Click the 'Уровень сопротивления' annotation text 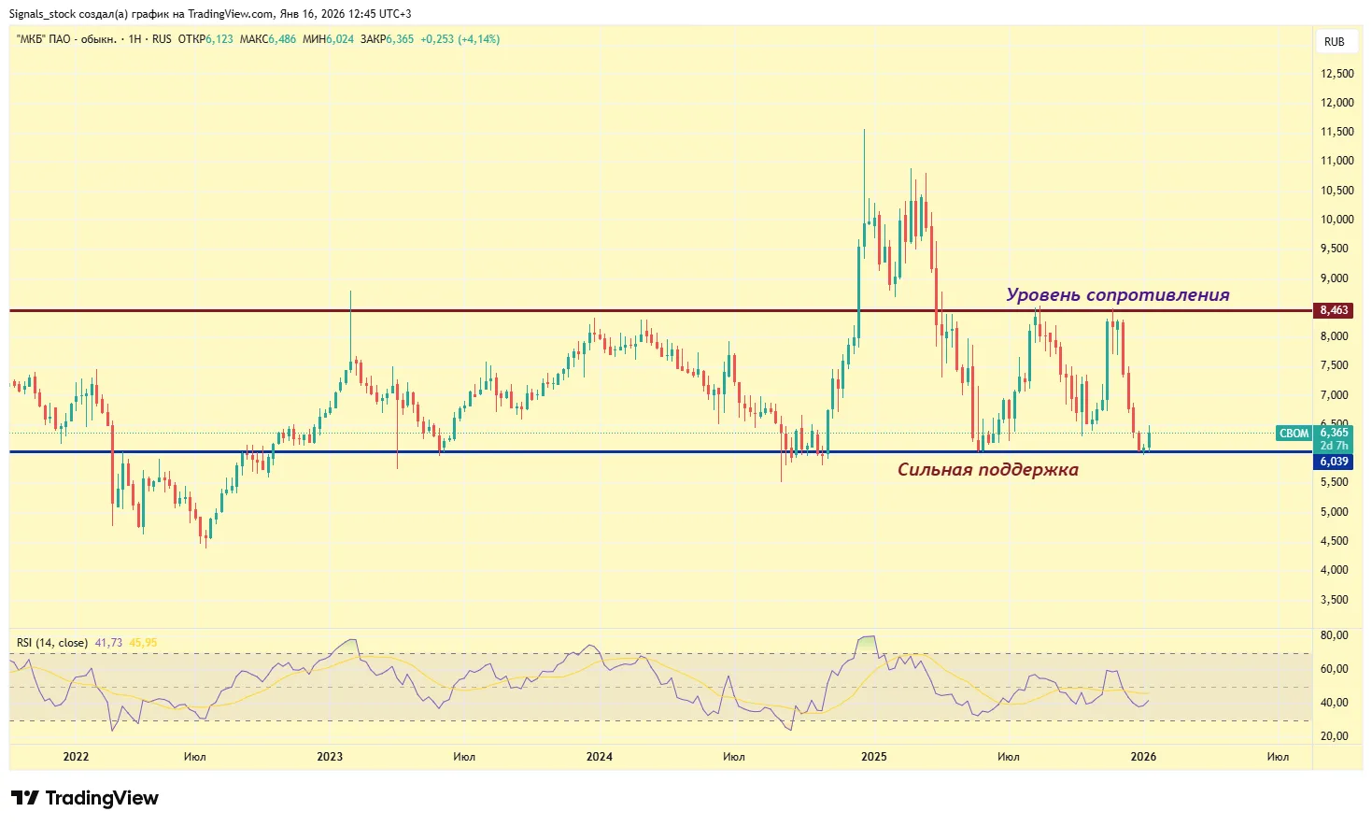(1117, 295)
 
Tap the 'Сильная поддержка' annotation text (987, 470)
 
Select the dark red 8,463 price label (1334, 310)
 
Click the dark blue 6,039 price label (1334, 462)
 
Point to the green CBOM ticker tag (1294, 434)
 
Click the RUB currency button (1334, 41)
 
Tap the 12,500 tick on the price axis (1337, 74)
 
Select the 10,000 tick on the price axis (1337, 220)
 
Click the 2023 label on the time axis (330, 757)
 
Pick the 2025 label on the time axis (873, 757)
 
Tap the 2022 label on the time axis (76, 757)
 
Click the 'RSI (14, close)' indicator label (52, 643)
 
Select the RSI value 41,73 (108, 643)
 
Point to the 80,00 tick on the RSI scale (1335, 635)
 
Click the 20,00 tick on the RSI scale (1335, 736)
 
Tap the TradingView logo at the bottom (85, 798)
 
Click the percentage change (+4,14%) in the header (479, 39)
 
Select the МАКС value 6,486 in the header (282, 39)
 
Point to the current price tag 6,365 (1334, 433)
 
